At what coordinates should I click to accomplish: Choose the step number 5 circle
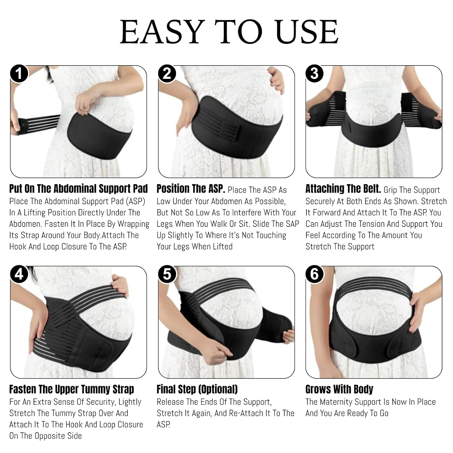coord(167,274)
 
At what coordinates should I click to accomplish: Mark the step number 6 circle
coord(314,274)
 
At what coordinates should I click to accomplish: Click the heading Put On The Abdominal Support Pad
coord(78,189)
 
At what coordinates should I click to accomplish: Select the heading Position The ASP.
coord(191,189)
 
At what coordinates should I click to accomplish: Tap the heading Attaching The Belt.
coord(343,189)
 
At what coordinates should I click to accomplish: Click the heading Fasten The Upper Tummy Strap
coord(72,389)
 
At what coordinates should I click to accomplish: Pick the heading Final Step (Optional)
coord(197,389)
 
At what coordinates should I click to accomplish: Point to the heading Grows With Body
coord(339,389)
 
